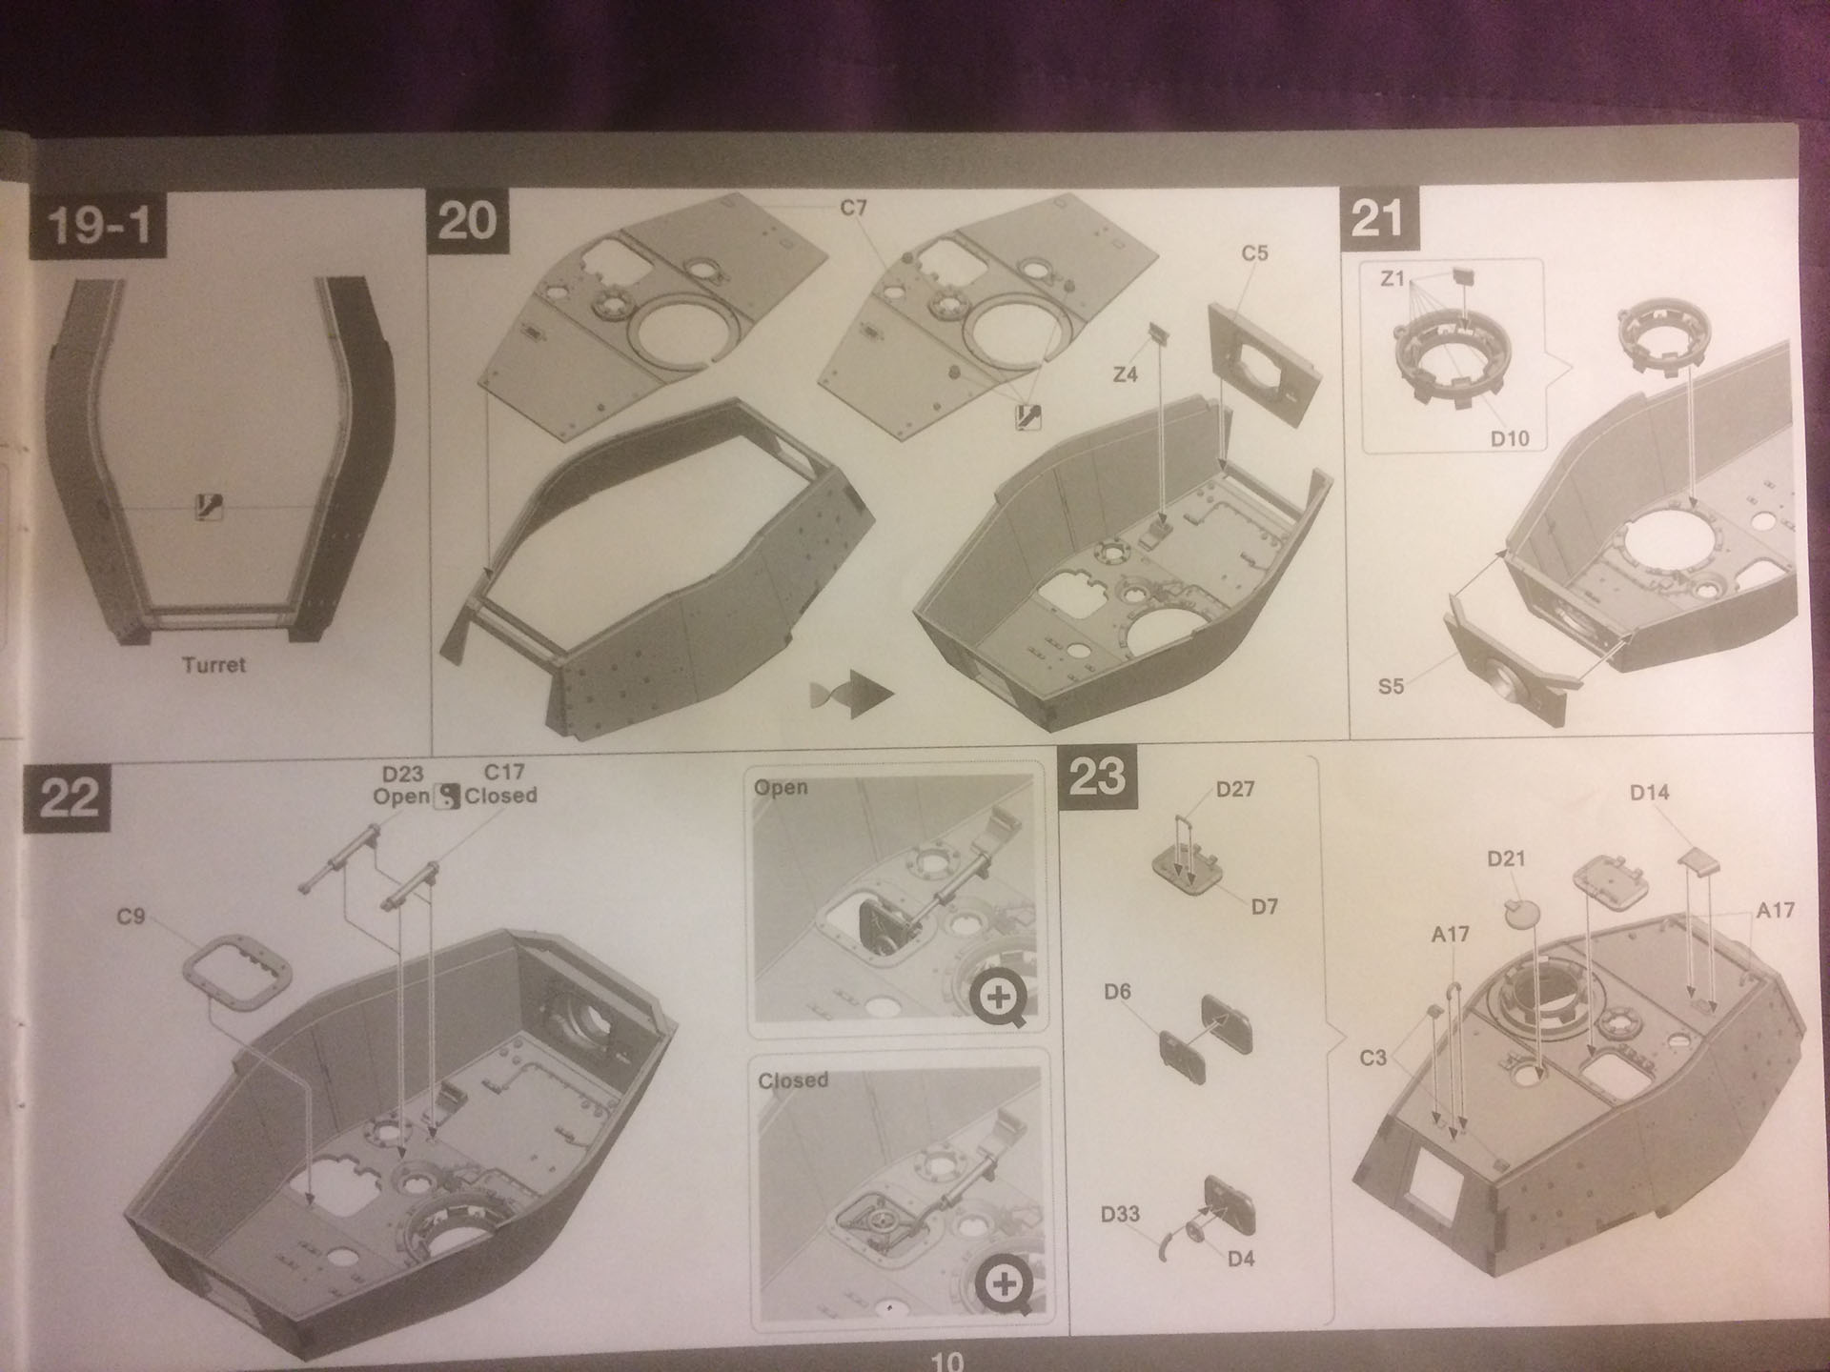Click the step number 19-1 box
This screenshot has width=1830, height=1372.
pos(98,225)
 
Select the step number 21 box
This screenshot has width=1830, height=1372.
pos(1378,219)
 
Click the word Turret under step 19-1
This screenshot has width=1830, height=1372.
pos(213,665)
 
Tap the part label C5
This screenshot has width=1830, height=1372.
pos(1254,253)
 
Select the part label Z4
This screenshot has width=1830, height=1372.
pos(1126,374)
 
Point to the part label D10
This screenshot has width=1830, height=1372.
pos(1510,439)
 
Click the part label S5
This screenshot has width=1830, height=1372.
pos(1391,686)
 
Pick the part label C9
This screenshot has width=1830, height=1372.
pos(131,917)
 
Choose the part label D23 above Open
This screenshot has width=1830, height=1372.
pos(402,775)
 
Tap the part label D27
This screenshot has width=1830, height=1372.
pos(1235,789)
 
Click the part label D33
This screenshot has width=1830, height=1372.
pos(1120,1214)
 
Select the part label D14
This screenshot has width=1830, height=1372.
pos(1649,792)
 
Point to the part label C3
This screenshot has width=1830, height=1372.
pos(1372,1059)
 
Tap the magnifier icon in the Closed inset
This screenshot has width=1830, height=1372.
pos(1004,1284)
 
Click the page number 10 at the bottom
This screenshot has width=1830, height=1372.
pos(947,1362)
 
